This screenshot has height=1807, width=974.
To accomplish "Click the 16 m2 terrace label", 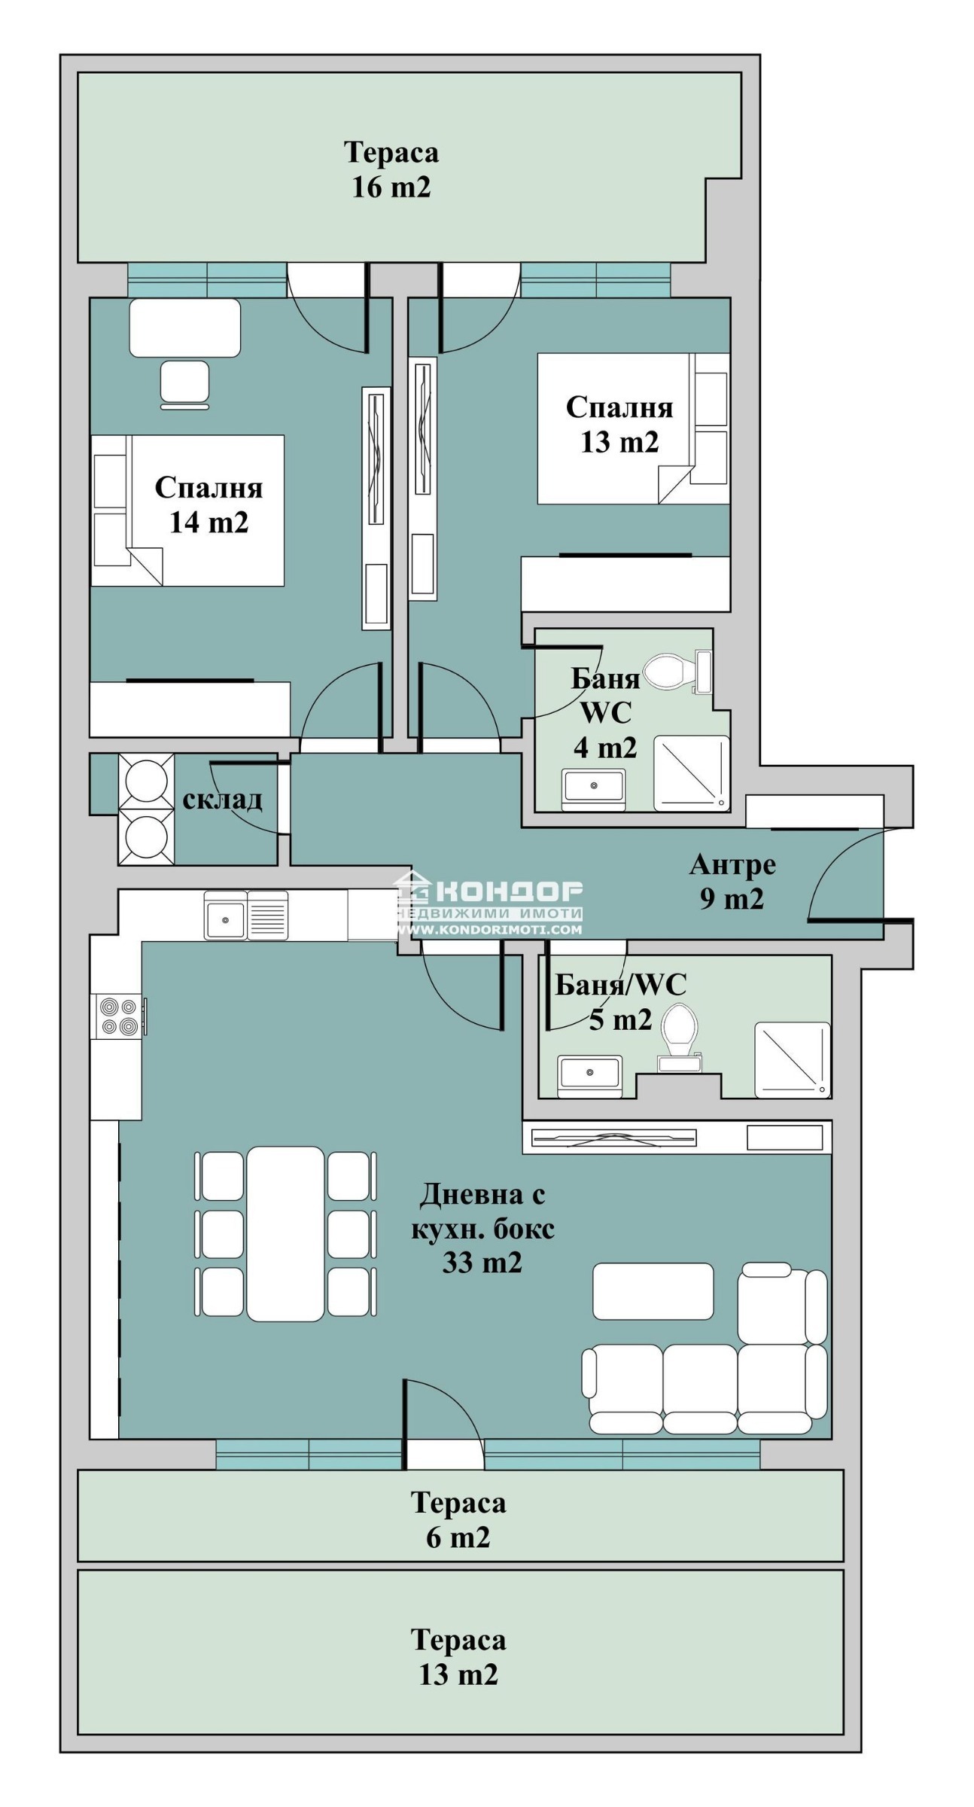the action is click(x=391, y=169).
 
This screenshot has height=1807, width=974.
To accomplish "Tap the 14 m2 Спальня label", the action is click(x=208, y=504).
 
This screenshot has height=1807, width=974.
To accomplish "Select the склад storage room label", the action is click(x=222, y=799).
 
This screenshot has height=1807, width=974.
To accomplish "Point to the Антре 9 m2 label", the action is click(x=732, y=881).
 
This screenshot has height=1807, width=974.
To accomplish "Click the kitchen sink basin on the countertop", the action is click(x=225, y=916).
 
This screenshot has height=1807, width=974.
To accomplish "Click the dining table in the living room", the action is click(x=285, y=1233).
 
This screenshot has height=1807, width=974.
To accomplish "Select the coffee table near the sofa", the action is click(x=653, y=1291).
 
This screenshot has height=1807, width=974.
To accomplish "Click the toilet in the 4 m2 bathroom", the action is click(x=669, y=671).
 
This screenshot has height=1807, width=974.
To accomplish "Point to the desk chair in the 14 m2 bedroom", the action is click(x=184, y=385).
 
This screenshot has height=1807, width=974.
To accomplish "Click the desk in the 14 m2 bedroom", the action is click(x=185, y=328).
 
